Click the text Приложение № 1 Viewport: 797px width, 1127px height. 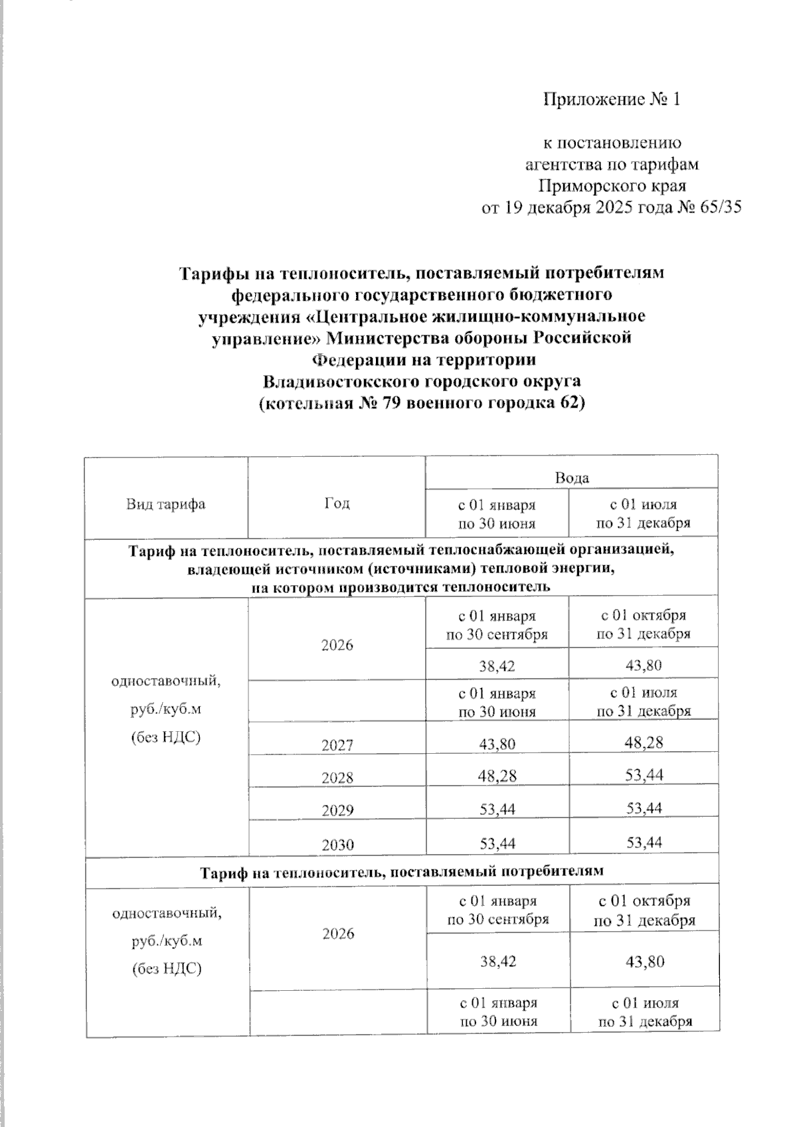coord(612,100)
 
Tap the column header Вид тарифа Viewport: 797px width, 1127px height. coord(166,504)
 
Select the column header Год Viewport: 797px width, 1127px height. coord(337,503)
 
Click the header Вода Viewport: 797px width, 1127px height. coord(572,477)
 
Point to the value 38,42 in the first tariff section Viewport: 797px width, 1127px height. coord(497,665)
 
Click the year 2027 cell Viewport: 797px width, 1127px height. coord(337,745)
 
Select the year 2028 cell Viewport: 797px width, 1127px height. coord(337,778)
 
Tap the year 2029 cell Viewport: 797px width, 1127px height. coord(337,810)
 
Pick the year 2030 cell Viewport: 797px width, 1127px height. coord(337,845)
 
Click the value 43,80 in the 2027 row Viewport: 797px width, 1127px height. coord(497,744)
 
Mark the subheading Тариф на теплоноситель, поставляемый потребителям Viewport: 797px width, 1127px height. coord(402,871)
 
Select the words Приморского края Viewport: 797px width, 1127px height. coord(612,185)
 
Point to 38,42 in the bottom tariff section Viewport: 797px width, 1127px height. coord(498,961)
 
